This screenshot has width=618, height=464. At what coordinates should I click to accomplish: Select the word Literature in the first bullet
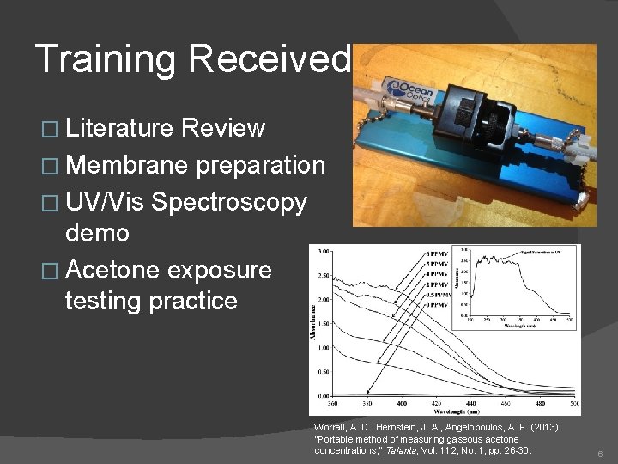(122, 129)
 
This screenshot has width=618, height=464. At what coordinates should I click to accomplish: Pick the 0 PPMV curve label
(434, 304)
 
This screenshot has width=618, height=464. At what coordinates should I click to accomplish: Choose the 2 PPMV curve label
(434, 284)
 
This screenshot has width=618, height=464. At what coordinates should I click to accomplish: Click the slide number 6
(600, 453)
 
